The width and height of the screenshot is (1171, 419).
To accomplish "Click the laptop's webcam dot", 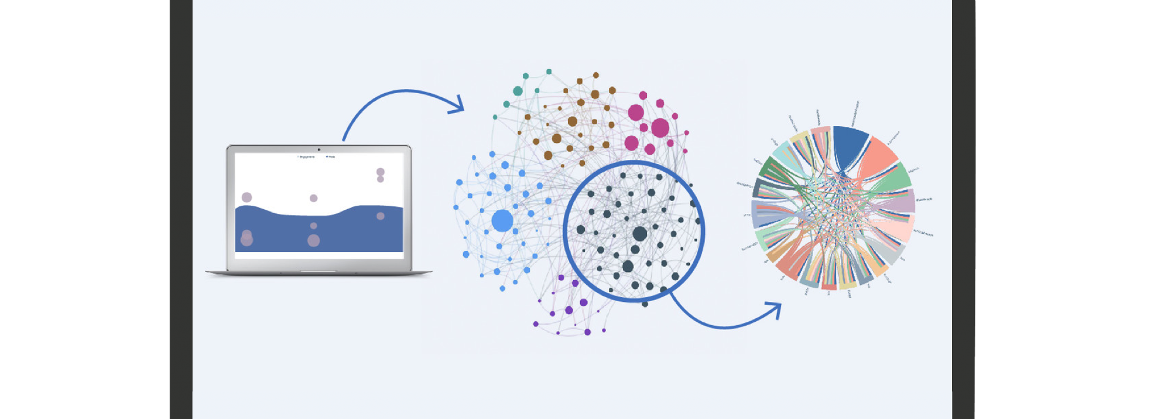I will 319,149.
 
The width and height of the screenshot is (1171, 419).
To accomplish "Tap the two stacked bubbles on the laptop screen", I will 381,175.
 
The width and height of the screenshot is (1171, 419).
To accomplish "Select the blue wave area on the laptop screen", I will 319,234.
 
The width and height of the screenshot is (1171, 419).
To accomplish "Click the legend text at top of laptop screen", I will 317,157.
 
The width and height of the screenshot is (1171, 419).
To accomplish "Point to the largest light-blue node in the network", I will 502,221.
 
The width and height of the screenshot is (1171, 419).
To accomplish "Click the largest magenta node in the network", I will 660,127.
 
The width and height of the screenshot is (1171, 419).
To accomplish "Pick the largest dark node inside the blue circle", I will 640,234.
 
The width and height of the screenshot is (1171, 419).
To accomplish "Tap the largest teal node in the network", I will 518,91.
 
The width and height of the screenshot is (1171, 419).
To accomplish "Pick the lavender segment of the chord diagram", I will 902,202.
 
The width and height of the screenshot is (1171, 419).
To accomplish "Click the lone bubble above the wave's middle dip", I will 314,198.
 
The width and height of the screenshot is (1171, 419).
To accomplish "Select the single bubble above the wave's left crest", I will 247,197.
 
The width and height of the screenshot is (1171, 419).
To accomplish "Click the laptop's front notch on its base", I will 319,271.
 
